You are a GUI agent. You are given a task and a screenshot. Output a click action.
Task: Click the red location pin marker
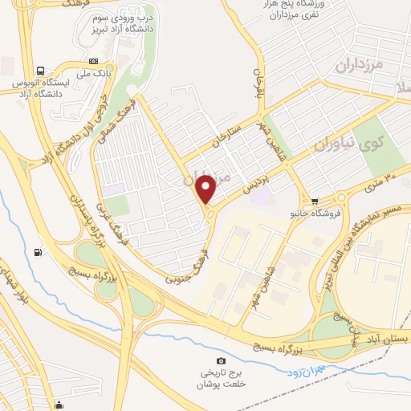tap(206, 189)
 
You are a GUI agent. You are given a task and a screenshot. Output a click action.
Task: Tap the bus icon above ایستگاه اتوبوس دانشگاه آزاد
tap(41, 71)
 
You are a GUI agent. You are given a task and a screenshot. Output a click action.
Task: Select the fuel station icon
tap(38, 253)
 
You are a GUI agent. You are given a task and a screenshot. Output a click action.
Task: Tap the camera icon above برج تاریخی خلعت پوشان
tap(222, 362)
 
